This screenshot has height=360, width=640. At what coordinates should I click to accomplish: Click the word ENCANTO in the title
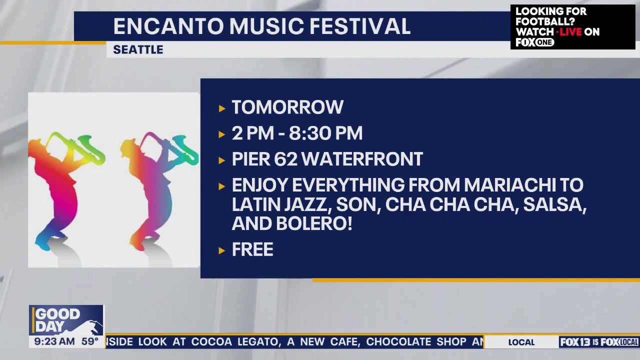(168, 26)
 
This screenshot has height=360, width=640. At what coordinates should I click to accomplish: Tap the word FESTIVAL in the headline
(360, 26)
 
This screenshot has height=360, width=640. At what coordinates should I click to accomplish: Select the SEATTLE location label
(138, 49)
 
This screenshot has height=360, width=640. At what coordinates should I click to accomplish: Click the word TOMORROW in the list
(287, 107)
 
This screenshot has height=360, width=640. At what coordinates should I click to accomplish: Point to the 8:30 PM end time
(325, 133)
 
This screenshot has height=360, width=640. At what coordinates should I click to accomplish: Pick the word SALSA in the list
(554, 205)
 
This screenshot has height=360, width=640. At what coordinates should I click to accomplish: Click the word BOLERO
(314, 223)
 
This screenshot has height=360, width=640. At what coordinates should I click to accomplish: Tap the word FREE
(252, 249)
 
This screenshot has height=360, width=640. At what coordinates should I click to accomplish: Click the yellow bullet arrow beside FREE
(221, 250)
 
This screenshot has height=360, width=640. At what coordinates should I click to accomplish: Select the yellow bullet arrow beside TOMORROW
(221, 108)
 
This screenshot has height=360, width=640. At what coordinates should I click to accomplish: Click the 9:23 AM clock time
(54, 341)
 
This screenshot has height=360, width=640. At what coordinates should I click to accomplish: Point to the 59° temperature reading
(90, 341)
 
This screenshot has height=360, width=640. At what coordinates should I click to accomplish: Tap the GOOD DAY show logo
(66, 320)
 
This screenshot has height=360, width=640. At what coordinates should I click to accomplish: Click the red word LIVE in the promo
(570, 31)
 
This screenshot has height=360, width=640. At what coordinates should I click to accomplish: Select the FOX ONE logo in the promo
(535, 42)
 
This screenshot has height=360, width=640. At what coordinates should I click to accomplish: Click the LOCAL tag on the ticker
(521, 342)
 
